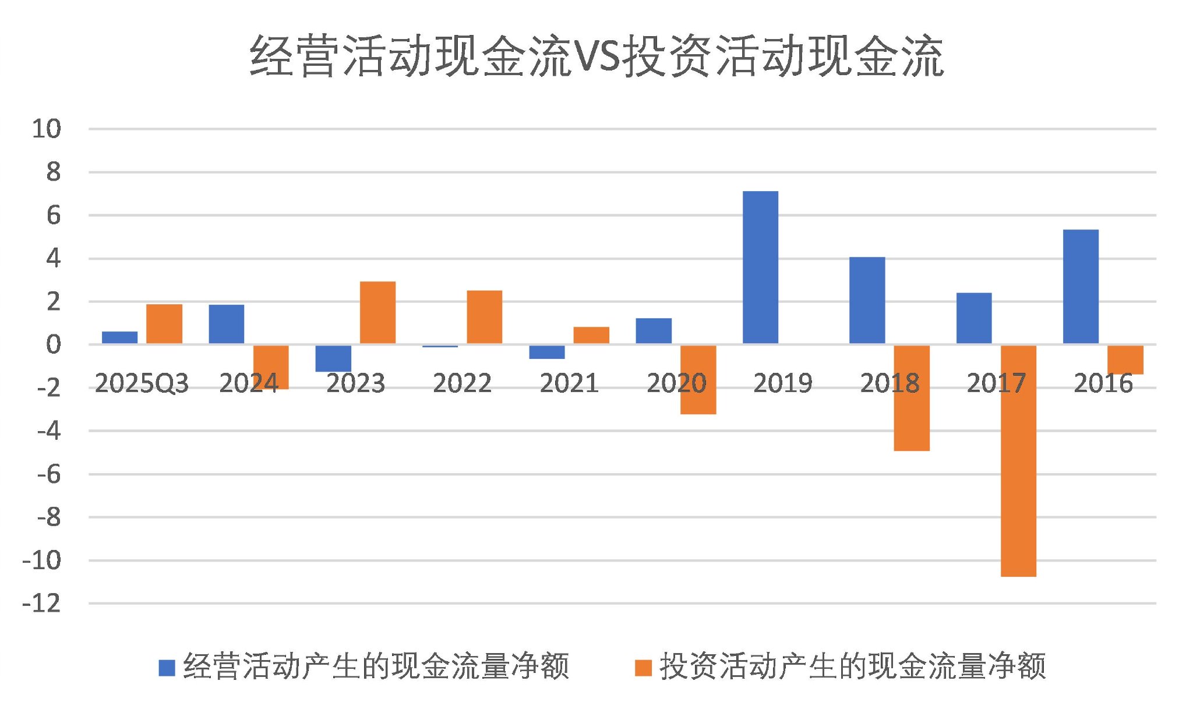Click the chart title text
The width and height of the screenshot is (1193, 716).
coord(596,56)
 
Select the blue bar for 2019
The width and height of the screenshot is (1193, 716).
coord(760,267)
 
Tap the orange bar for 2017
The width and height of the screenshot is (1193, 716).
coord(1018,460)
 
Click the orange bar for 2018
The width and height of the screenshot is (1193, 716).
coord(912,398)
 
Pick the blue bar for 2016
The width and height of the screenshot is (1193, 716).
coord(1081,287)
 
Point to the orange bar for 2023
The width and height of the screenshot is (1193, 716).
coord(377,313)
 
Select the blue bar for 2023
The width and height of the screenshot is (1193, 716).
coord(333,358)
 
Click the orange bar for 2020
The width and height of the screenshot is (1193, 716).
coord(698,379)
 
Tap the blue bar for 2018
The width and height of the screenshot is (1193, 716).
coord(867,300)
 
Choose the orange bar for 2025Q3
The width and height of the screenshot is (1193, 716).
coord(164,324)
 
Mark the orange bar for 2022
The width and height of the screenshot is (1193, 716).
coord(485,317)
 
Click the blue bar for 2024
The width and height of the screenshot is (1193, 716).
coord(227,324)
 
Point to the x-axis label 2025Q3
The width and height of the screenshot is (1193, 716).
coord(142,383)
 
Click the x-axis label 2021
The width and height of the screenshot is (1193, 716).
coord(569,383)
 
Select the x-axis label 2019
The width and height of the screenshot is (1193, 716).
coord(783,383)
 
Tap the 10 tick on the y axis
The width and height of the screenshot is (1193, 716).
coord(47,129)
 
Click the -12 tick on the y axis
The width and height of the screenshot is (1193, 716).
coord(42,604)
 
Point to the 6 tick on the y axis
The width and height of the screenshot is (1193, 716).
coord(53,216)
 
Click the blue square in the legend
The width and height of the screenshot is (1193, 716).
coord(167,668)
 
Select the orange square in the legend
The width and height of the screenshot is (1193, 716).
coord(643,668)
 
